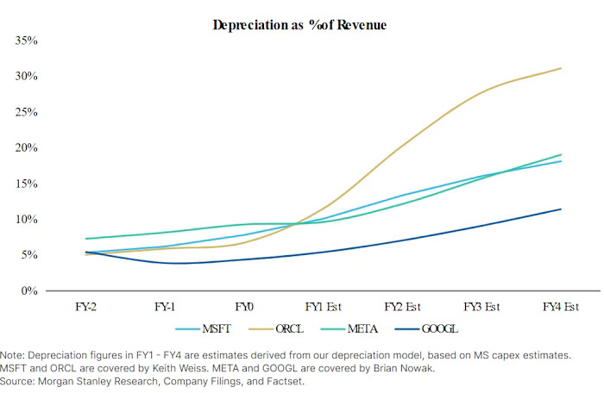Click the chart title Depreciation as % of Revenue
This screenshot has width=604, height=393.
[x=299, y=25]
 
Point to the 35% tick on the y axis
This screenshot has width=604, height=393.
[x=25, y=41]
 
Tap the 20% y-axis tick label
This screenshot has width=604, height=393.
[x=25, y=148]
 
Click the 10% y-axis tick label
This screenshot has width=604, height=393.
[x=25, y=220]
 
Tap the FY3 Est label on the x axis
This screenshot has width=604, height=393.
[x=481, y=307]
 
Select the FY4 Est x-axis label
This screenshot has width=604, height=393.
[x=559, y=307]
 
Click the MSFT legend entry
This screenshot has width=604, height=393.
[x=205, y=329]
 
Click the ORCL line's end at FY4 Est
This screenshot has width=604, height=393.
[x=562, y=68]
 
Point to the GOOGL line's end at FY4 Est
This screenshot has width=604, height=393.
[x=562, y=209]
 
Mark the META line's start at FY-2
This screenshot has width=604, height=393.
[x=86, y=239]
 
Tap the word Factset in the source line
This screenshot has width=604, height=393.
[x=286, y=381]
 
